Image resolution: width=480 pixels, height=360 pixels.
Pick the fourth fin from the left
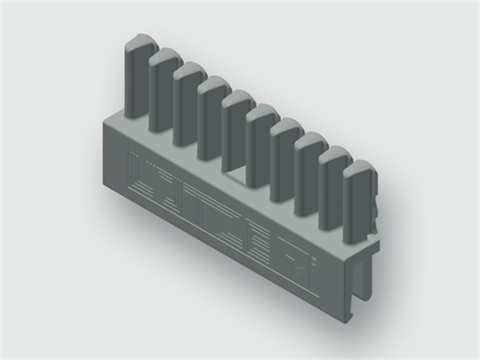point(211,114)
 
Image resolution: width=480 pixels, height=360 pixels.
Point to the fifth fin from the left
point(236,125)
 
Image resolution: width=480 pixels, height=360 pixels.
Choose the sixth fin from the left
point(260,140)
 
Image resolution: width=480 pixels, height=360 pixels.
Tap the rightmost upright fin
point(355,200)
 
